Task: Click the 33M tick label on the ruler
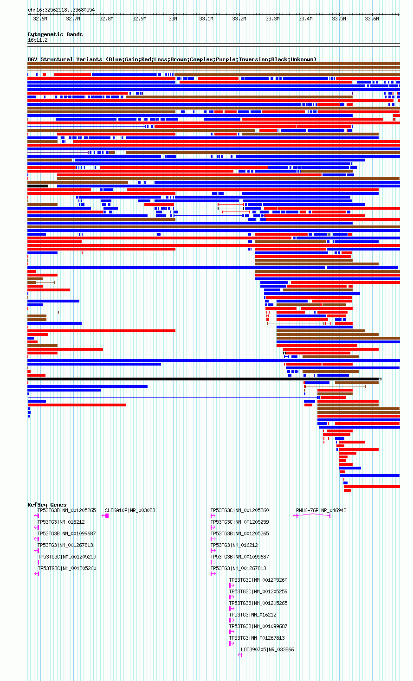click(x=173, y=19)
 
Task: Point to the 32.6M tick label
click(x=40, y=19)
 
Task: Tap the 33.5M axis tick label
click(x=339, y=19)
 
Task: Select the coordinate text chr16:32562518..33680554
click(x=61, y=10)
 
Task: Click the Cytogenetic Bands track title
click(x=55, y=34)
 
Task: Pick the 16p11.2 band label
click(x=38, y=40)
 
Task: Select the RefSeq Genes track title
click(x=47, y=505)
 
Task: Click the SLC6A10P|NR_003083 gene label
click(x=130, y=510)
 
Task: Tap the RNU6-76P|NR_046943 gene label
click(x=321, y=510)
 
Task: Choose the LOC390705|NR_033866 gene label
click(x=267, y=649)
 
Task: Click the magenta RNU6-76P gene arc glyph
click(x=312, y=514)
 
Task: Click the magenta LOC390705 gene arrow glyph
click(x=240, y=655)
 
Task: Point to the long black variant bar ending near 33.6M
click(x=204, y=379)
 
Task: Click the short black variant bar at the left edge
click(x=38, y=186)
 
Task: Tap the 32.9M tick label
click(x=139, y=19)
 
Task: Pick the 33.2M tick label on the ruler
click(x=239, y=19)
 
